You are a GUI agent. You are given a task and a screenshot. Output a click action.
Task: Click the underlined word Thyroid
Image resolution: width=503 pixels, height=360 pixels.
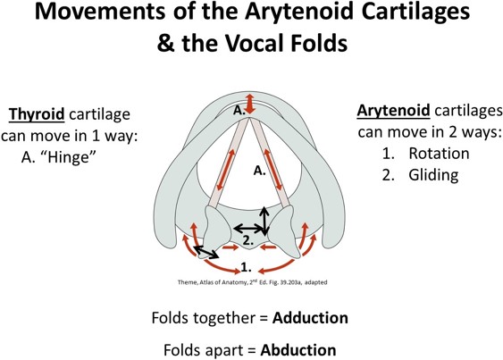pos(37,114)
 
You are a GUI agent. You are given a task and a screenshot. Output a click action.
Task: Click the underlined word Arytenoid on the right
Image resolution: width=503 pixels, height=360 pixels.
pos(393,111)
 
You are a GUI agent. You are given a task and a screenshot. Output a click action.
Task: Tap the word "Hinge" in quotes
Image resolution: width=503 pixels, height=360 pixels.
pos(70,157)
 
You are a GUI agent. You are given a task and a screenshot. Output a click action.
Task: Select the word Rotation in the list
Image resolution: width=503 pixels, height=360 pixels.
pos(439,154)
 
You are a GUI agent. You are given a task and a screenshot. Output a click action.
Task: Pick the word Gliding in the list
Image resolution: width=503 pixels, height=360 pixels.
pos(433,175)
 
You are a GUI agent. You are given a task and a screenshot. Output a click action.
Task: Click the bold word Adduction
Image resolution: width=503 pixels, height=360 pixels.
pos(310,318)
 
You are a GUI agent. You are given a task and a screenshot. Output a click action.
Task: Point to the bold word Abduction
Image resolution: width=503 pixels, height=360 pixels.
pos(298,350)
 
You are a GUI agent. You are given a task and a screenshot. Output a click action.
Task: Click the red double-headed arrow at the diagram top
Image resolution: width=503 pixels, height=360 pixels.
pos(250,103)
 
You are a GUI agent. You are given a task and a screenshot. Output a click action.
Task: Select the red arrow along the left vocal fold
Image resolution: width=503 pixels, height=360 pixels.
pos(224,170)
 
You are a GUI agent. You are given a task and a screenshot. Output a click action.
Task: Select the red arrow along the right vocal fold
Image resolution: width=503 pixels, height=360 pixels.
pos(273,170)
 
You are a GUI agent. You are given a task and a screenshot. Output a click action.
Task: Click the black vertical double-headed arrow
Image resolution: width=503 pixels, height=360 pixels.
pos(264,221)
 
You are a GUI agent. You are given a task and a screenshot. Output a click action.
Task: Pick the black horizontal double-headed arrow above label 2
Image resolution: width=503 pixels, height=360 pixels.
pos(248,229)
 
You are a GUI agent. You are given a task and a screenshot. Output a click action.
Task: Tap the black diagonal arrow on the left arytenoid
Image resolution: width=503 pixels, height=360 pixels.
pos(206,252)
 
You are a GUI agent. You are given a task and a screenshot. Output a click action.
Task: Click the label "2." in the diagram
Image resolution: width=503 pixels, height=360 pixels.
pos(248,240)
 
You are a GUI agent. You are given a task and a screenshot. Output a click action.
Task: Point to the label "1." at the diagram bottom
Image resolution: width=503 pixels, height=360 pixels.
pos(246,267)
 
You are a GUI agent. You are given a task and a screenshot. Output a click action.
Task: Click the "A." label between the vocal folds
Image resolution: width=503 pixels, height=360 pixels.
pos(260,171)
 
